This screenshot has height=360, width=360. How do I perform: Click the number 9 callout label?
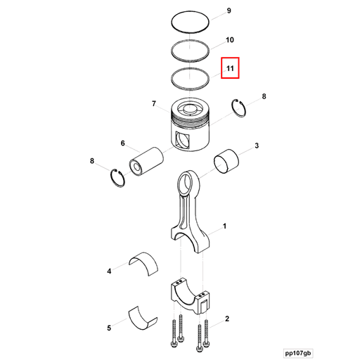[x=227, y=12]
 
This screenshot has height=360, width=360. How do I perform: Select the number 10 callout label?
[x=229, y=41]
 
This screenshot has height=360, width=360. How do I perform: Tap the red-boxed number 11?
[x=230, y=68]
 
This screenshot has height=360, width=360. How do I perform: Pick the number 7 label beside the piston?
[x=153, y=105]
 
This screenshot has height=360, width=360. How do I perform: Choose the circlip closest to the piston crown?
[x=241, y=109]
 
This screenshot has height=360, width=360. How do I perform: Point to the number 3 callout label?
[x=257, y=146]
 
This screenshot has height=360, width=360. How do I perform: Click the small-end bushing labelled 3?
[x=226, y=162]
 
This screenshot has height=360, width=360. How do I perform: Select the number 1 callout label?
[x=224, y=226]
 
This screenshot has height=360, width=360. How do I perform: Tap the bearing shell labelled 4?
[x=144, y=261]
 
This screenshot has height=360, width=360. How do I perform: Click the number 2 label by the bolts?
[x=226, y=319]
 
